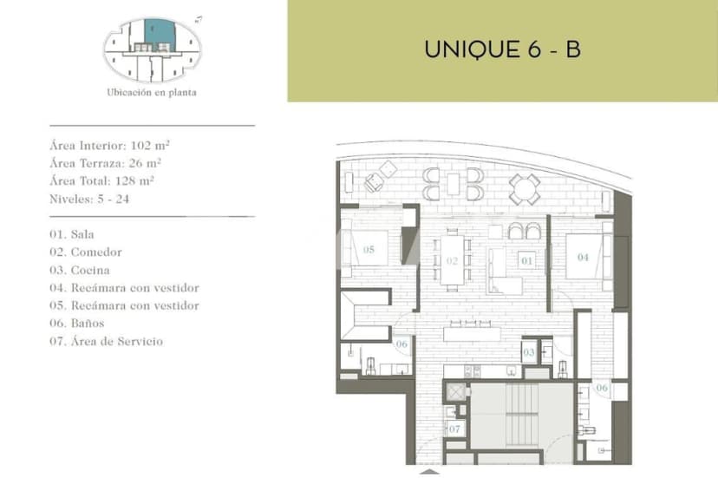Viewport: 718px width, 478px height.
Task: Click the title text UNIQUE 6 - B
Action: pos(502,49)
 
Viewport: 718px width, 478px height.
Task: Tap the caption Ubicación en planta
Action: pos(151,93)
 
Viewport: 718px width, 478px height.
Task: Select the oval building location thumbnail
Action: pos(152,49)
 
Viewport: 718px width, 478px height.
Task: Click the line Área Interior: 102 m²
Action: pos(115,145)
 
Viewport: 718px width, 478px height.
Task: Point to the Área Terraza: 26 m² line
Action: pos(106,162)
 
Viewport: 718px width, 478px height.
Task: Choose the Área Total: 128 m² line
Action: pos(101,180)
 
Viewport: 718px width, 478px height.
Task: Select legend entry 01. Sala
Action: pos(72,234)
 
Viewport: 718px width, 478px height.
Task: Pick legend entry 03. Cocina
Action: pos(80,270)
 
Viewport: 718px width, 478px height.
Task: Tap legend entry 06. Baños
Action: pos(77,324)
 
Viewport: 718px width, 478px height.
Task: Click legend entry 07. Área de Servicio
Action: pos(106,342)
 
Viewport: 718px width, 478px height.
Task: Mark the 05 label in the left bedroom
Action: pos(369,250)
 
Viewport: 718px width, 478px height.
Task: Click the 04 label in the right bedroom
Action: pos(583,257)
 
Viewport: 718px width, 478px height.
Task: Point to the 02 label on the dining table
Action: pos(452,259)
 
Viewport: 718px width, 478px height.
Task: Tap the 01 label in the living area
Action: pos(525,259)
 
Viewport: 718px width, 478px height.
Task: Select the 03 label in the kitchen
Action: pos(528,352)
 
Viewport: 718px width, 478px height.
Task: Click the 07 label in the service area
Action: pos(454,429)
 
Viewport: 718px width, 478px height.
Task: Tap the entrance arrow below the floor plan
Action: pos(429,473)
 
